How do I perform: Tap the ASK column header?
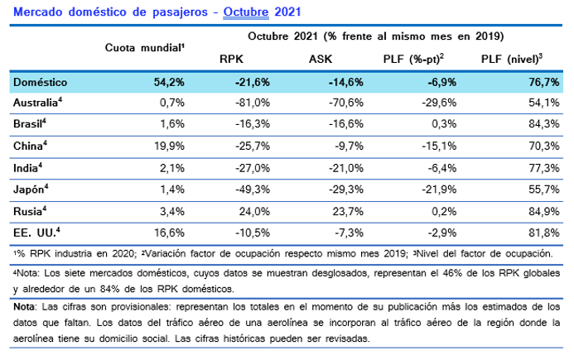[321, 60]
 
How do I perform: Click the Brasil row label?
[31, 124]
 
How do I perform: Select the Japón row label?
[32, 189]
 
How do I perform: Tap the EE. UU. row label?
[36, 233]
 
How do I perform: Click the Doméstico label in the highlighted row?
[41, 82]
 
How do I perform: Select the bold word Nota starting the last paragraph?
[25, 307]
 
